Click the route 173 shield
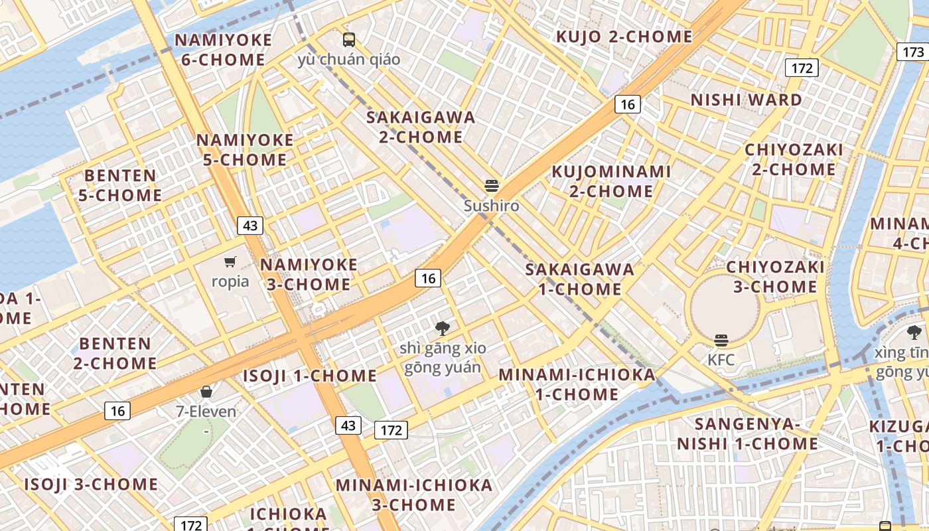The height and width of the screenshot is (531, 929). pyautogui.click(x=913, y=52)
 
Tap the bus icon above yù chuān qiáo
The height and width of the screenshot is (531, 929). pyautogui.click(x=349, y=39)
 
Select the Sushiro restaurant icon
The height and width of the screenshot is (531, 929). pyautogui.click(x=492, y=186)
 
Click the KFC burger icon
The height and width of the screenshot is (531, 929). pyautogui.click(x=721, y=341)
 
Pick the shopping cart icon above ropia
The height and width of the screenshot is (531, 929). pyautogui.click(x=230, y=262)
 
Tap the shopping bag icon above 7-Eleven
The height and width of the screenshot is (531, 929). pyautogui.click(x=206, y=392)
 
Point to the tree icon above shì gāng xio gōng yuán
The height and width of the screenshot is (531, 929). pyautogui.click(x=443, y=328)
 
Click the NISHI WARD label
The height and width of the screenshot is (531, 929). pyautogui.click(x=747, y=100)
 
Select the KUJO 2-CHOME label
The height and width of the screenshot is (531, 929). pyautogui.click(x=624, y=37)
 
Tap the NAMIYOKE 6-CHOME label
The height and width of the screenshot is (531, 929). pyautogui.click(x=223, y=50)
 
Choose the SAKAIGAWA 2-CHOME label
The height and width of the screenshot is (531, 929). pyautogui.click(x=421, y=127)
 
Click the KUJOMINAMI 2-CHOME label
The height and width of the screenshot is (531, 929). pyautogui.click(x=611, y=181)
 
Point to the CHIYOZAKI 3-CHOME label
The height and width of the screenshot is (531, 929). pyautogui.click(x=775, y=277)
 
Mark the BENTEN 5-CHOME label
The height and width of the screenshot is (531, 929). pyautogui.click(x=120, y=185)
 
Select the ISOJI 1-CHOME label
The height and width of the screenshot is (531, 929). pyautogui.click(x=309, y=376)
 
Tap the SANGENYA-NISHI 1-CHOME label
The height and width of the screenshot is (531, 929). pyautogui.click(x=747, y=433)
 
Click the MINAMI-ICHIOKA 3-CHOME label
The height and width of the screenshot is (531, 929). pyautogui.click(x=414, y=494)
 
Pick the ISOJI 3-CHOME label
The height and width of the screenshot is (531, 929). pyautogui.click(x=92, y=484)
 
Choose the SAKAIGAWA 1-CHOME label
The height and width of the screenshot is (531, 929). pyautogui.click(x=580, y=279)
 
